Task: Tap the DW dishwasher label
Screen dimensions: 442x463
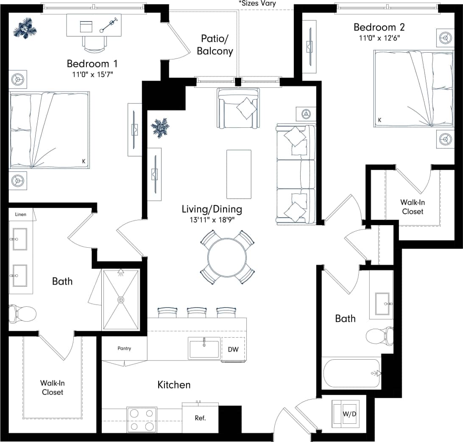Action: (233, 350)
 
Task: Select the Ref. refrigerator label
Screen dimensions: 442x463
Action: (200, 418)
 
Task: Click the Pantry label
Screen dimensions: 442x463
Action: (124, 348)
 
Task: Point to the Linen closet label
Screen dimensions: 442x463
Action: (21, 214)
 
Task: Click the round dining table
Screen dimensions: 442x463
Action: (227, 257)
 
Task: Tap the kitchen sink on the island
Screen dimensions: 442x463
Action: (204, 349)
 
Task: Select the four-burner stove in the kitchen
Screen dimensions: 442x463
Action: (142, 420)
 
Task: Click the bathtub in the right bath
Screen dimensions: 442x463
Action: (351, 373)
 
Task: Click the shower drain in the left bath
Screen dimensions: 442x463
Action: (121, 300)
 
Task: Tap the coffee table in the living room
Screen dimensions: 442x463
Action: (239, 174)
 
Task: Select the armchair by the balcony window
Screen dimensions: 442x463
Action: (238, 109)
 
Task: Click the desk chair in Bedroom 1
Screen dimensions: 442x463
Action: (93, 42)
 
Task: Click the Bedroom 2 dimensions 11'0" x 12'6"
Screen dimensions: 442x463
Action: (379, 37)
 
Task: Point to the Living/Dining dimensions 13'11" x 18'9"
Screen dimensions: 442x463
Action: (212, 220)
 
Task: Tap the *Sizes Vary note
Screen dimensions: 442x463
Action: (257, 3)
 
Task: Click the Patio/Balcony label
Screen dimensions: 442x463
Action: (215, 45)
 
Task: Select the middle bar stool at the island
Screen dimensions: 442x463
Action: (196, 313)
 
